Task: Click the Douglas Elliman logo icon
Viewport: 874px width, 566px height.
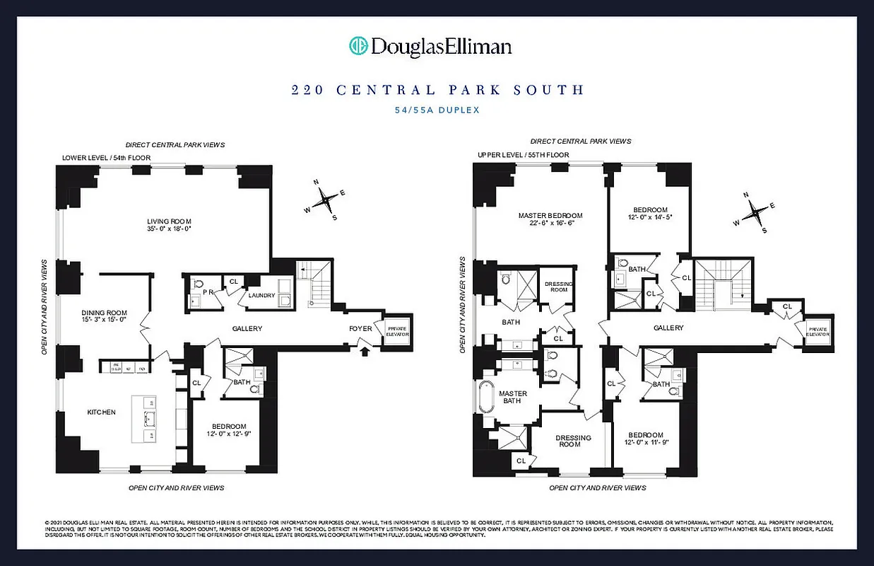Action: click(359, 47)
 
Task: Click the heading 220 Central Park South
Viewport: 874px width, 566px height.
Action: click(437, 90)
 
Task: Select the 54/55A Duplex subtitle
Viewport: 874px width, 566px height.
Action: click(437, 110)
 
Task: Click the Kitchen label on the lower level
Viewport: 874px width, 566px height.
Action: click(101, 412)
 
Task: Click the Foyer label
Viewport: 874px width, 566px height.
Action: click(360, 328)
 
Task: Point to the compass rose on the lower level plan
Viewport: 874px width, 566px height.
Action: click(325, 200)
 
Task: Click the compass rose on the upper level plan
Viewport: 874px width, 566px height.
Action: click(754, 211)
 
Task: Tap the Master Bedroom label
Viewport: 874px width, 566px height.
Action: click(550, 215)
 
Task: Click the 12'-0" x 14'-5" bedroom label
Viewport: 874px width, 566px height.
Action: click(650, 214)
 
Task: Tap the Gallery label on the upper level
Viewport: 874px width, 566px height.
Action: click(668, 328)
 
